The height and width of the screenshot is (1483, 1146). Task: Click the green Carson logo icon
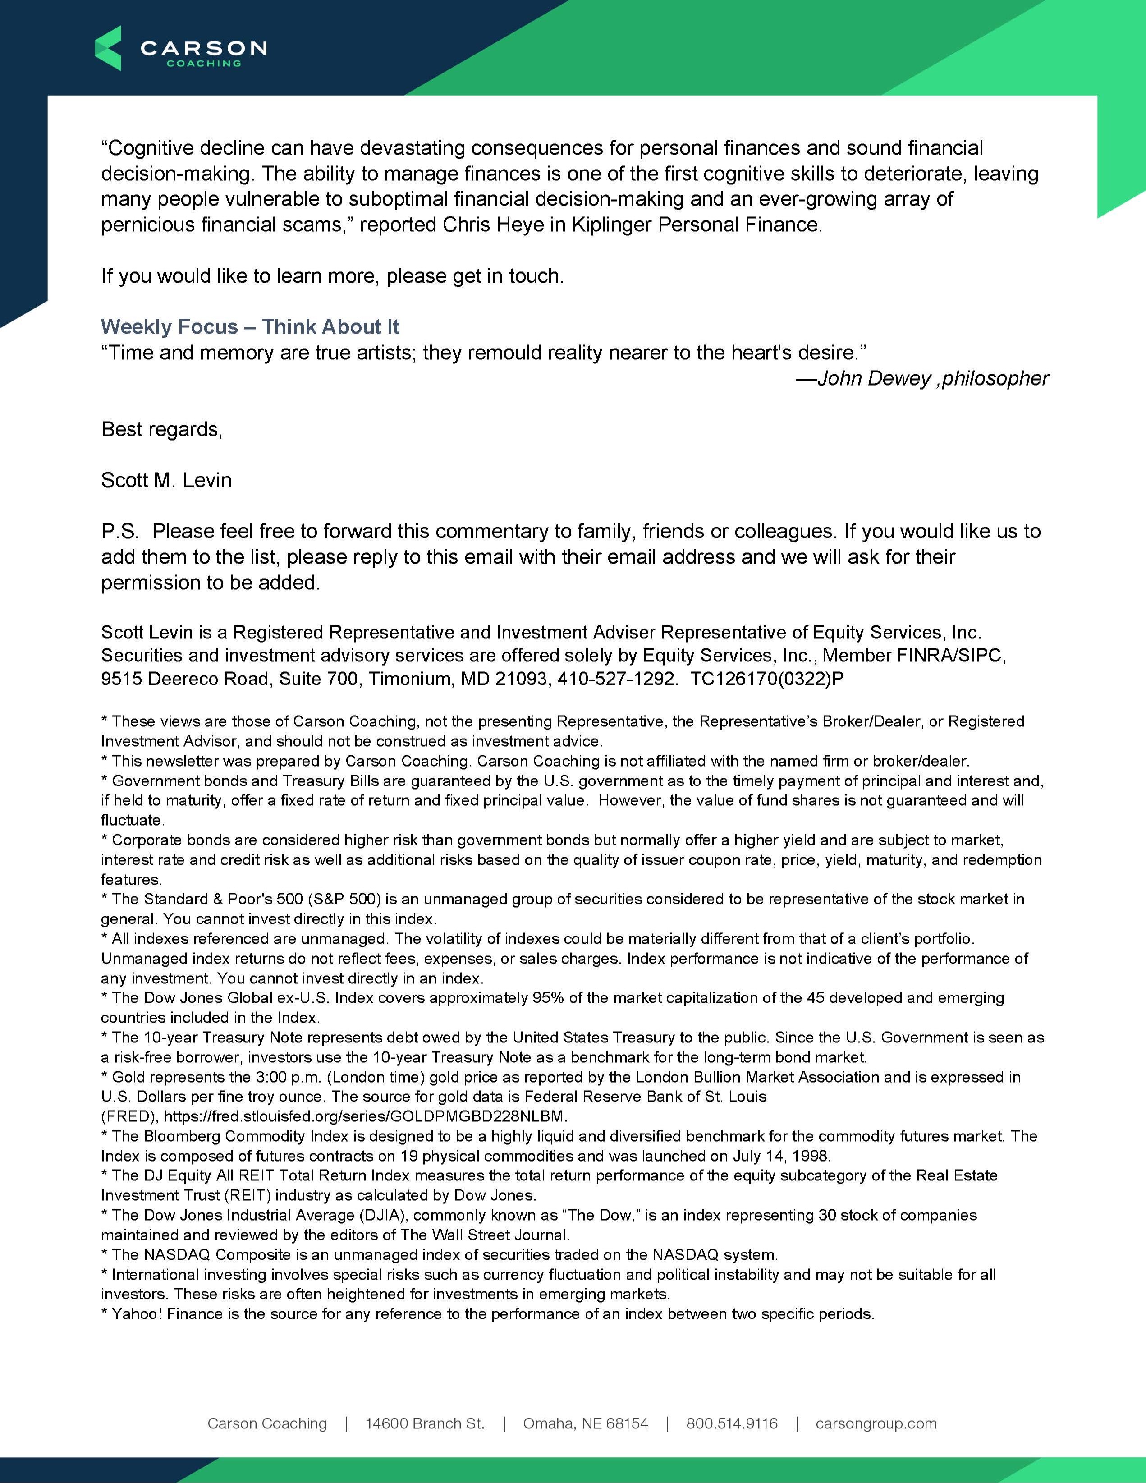pyautogui.click(x=108, y=48)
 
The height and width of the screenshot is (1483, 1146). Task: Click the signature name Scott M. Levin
pyautogui.click(x=166, y=480)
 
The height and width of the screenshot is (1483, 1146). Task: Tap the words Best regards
pyautogui.click(x=161, y=429)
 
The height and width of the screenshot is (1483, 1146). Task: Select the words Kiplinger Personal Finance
pyautogui.click(x=697, y=225)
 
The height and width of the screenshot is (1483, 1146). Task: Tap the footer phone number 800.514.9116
pyautogui.click(x=732, y=1423)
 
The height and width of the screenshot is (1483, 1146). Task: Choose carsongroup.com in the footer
pyautogui.click(x=876, y=1423)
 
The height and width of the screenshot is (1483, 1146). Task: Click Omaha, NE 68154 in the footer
pyautogui.click(x=585, y=1423)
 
